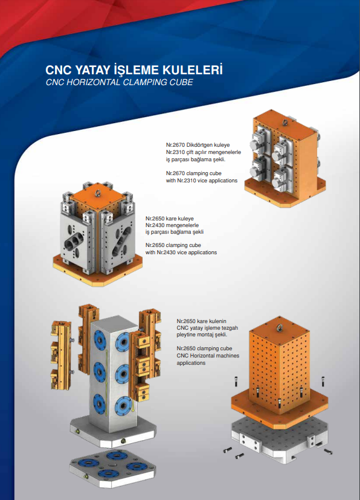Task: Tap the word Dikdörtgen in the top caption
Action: point(202,146)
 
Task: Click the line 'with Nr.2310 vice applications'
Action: point(201,181)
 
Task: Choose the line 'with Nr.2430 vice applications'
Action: point(181,252)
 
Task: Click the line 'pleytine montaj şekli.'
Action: point(201,334)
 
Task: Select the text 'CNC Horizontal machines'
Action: point(207,356)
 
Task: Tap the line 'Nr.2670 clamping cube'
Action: point(194,173)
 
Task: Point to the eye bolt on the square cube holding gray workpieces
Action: point(97,193)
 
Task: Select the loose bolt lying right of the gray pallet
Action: point(327,452)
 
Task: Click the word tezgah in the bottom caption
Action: point(228,327)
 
